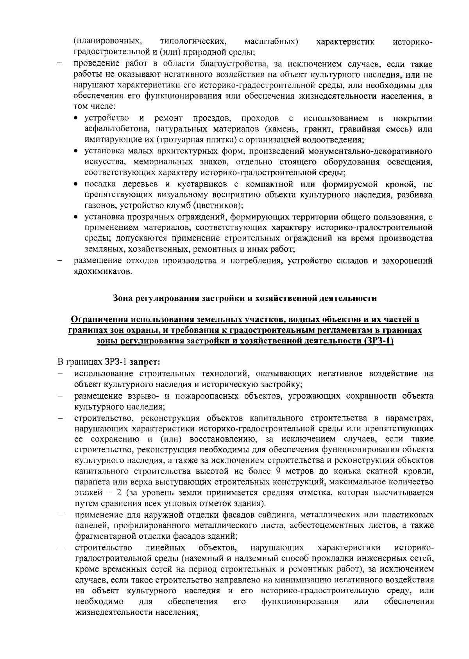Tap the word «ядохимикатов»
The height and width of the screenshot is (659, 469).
click(103, 272)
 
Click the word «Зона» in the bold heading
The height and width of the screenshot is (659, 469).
click(123, 299)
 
